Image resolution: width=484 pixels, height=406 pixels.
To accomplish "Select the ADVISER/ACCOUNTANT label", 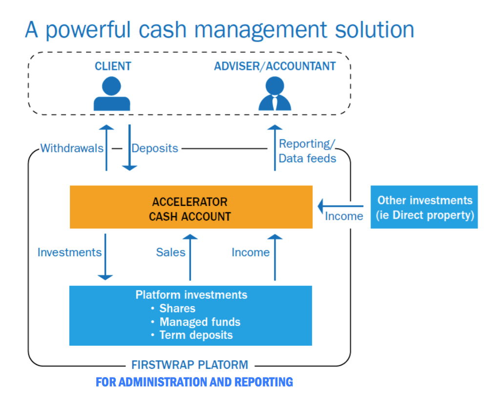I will tap(275, 66).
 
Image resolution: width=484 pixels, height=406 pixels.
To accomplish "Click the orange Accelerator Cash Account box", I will tap(190, 207).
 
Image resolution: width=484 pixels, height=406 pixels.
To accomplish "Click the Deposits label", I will tap(155, 148).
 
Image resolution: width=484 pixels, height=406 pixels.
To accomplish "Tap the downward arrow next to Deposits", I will tap(129, 147).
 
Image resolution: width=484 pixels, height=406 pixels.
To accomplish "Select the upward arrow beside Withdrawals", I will tap(106, 147).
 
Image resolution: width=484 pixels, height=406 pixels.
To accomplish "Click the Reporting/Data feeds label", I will tap(307, 151).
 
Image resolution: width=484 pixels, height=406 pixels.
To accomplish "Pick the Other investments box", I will tap(424, 207).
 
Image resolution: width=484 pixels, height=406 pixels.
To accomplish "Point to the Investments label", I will tap(69, 252).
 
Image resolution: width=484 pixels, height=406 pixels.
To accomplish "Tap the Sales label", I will tap(170, 252).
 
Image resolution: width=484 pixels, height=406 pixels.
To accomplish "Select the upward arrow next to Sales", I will tap(190, 257).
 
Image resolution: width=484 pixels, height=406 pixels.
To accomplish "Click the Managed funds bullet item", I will tap(200, 322).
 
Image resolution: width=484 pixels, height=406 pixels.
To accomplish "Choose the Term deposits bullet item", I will tap(196, 335).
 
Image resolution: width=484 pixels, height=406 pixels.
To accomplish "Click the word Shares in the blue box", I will tap(177, 309).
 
